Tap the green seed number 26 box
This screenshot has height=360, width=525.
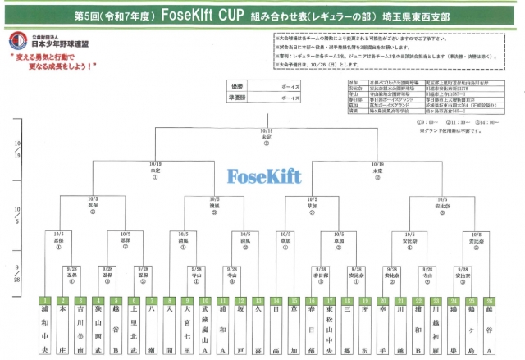[489, 301]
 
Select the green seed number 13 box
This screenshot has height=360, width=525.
[259, 301]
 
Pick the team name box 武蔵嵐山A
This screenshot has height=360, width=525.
[206, 330]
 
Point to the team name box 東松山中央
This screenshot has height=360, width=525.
[330, 330]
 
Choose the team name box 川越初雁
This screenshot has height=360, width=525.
[436, 330]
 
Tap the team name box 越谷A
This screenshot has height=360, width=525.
[489, 330]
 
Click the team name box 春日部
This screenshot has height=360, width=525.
[312, 330]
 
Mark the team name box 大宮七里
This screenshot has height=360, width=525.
[189, 330]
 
